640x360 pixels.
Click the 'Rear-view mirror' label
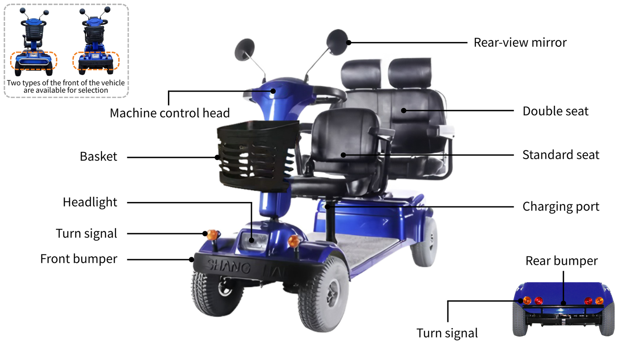tap(520, 42)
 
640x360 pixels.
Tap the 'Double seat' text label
tap(556, 111)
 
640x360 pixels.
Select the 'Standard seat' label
tap(560, 155)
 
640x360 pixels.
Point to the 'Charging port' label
tap(560, 206)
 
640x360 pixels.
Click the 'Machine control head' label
tap(170, 113)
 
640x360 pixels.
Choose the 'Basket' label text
tap(98, 156)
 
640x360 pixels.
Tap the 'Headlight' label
tap(90, 202)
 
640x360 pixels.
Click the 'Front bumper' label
tap(78, 259)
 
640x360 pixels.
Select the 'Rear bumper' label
tap(562, 261)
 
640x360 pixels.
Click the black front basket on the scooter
tap(257, 156)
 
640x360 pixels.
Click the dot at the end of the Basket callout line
tap(217, 157)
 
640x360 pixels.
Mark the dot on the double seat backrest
tap(404, 110)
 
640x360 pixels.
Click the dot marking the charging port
tap(328, 206)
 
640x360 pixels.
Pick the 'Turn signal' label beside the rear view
tap(447, 333)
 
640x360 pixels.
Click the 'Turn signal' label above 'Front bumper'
tap(86, 234)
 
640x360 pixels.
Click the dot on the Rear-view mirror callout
tap(348, 42)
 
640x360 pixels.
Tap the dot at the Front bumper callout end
tap(192, 260)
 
